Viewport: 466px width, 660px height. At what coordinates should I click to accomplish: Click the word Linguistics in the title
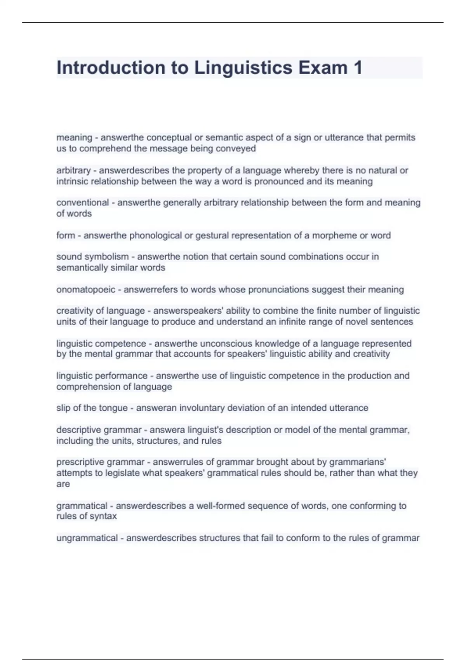tap(243, 68)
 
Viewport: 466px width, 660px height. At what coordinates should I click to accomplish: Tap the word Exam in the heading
tap(323, 68)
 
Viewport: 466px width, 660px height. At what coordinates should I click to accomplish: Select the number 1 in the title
tap(358, 68)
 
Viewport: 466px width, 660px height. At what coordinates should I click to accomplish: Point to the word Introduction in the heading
tap(111, 68)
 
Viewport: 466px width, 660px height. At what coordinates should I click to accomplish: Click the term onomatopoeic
tap(86, 290)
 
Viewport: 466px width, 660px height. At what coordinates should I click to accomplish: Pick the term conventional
tap(82, 203)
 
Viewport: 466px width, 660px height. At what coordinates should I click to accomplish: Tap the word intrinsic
tap(72, 181)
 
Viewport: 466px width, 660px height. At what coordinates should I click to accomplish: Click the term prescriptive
tap(81, 462)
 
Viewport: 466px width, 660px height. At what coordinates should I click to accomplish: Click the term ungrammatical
tap(87, 538)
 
